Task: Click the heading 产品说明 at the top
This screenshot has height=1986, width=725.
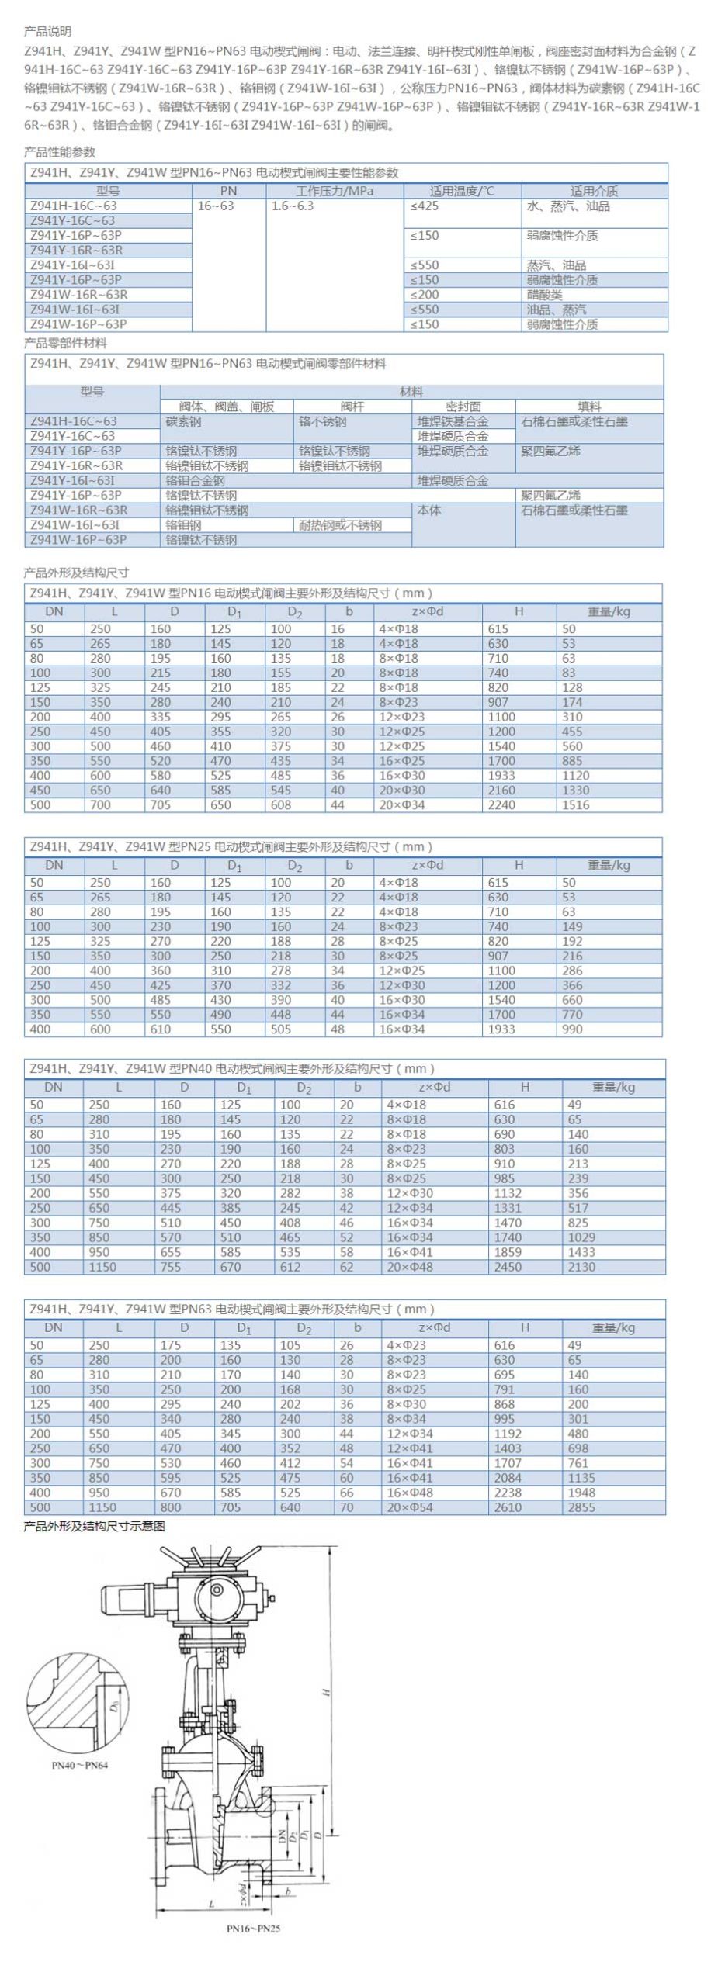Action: tap(47, 32)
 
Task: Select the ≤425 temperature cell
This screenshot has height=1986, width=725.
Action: tap(425, 206)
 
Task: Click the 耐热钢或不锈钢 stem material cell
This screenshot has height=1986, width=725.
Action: tap(340, 525)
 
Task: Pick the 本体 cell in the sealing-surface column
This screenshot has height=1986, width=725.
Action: tap(429, 510)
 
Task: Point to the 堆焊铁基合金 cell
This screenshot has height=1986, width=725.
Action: tap(453, 421)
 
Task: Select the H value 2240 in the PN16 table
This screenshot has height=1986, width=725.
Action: tap(501, 805)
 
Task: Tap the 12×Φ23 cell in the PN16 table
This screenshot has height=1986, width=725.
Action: tap(399, 717)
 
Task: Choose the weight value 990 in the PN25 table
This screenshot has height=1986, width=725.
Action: tap(573, 1029)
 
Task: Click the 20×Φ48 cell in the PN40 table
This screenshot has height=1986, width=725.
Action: tap(410, 1267)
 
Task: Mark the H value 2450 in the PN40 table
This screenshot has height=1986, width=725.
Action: tap(508, 1267)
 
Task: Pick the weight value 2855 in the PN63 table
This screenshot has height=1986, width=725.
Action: tap(582, 1507)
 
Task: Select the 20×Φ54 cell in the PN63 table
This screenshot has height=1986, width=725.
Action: tap(410, 1507)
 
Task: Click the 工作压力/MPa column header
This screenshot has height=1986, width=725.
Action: tap(335, 191)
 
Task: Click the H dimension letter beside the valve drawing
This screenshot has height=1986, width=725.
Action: tap(327, 1690)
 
